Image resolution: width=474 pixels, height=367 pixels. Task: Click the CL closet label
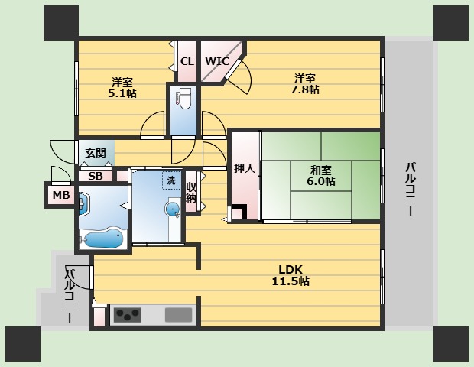(x=186, y=61)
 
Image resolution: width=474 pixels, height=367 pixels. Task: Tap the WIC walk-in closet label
(x=216, y=61)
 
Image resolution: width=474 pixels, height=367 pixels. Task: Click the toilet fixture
(x=183, y=100)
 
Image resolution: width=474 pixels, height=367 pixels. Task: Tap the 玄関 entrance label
(x=96, y=153)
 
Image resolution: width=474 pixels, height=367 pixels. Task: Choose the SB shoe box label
(x=96, y=176)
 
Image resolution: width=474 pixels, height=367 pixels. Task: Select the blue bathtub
(x=102, y=239)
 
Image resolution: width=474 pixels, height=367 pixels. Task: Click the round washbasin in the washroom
(x=173, y=209)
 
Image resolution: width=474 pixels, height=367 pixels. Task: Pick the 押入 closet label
(x=244, y=168)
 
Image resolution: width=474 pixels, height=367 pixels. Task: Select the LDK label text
(x=291, y=269)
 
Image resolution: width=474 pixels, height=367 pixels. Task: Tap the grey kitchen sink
(x=179, y=314)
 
